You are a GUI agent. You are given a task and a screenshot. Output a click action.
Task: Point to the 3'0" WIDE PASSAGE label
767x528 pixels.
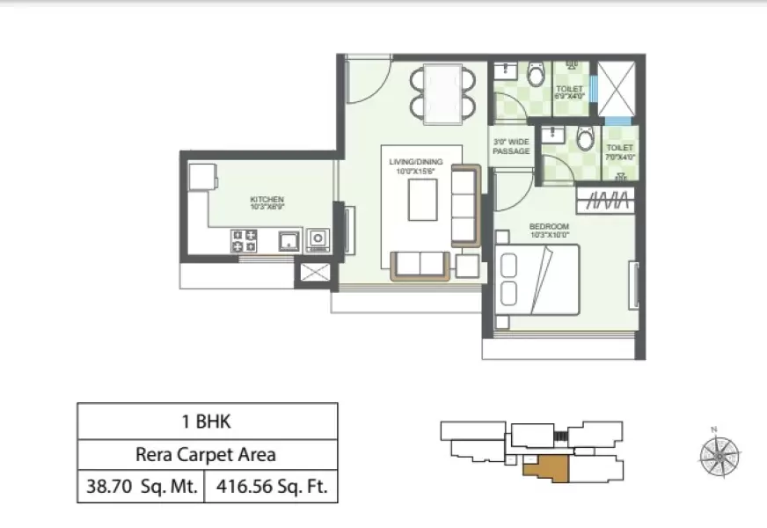click(x=510, y=146)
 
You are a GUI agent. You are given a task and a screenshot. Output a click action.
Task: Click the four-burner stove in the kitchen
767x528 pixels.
click(x=244, y=240)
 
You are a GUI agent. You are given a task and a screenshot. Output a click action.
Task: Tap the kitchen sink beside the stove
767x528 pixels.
click(x=287, y=240)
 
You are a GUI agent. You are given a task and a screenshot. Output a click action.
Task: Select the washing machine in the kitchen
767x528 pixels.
click(x=318, y=239)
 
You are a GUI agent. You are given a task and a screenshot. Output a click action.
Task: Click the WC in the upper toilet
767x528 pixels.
click(x=536, y=76)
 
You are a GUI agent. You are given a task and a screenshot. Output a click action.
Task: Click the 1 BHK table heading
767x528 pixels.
click(x=207, y=421)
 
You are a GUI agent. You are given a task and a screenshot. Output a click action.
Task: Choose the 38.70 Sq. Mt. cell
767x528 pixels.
click(x=141, y=486)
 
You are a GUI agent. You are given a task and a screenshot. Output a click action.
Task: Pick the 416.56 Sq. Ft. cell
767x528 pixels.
click(x=271, y=486)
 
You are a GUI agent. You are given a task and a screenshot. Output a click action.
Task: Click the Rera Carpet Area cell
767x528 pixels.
click(x=207, y=454)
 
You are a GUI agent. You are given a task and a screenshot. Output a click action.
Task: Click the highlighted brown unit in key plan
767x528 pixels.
click(x=544, y=466)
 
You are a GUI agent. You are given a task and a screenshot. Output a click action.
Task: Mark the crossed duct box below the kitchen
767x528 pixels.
click(x=314, y=274)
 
